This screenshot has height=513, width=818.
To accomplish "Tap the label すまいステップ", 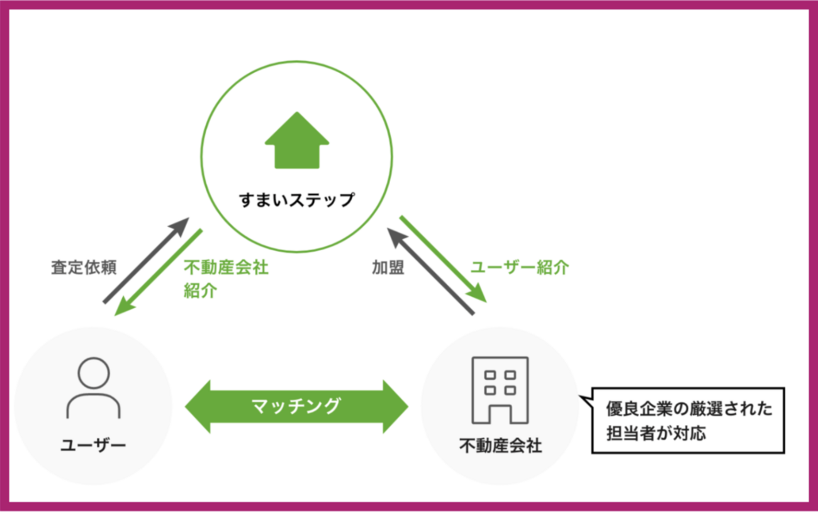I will [296, 200].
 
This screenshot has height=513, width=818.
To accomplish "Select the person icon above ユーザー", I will [93, 388].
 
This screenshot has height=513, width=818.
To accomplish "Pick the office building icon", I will [500, 390].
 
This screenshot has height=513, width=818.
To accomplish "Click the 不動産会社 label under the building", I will [500, 446].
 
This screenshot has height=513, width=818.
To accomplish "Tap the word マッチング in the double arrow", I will [296, 406].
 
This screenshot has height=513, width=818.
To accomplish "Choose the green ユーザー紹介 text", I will [520, 267].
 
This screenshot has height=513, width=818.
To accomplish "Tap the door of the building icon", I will [500, 412].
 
